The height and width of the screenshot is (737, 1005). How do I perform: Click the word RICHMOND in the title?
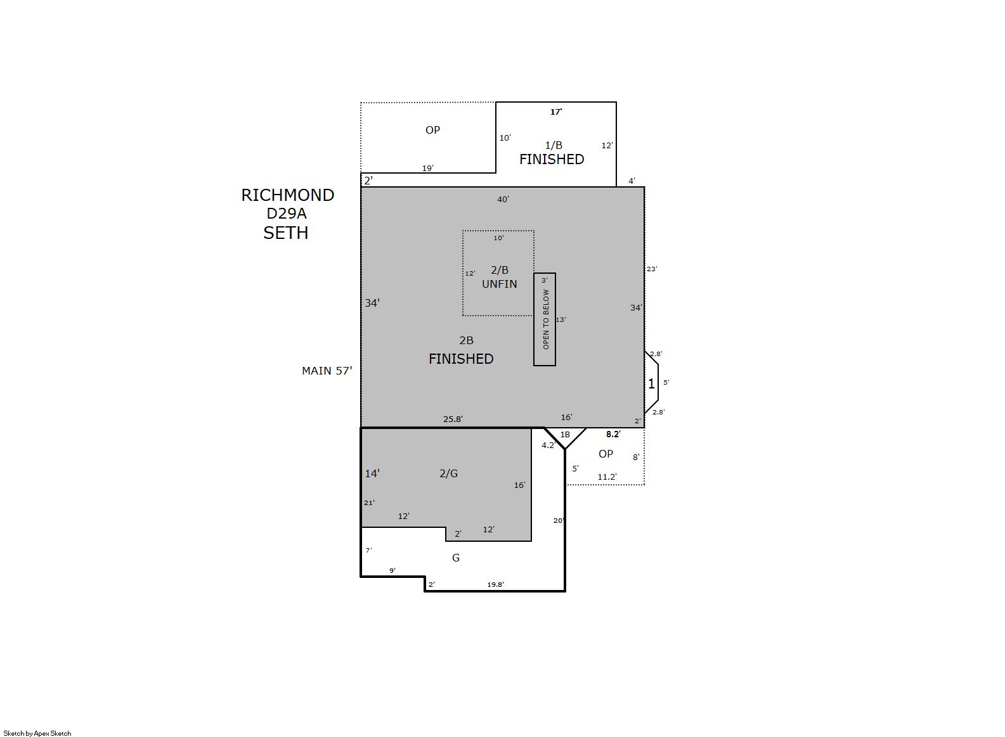pos(288,195)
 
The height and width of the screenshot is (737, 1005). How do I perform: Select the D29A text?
pos(287,214)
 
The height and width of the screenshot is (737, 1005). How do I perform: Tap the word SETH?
pos(286,233)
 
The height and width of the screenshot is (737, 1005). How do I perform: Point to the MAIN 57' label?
pos(327,371)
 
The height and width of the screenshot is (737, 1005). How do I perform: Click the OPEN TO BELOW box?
pos(545,319)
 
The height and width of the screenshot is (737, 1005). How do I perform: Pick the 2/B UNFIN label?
pos(500,277)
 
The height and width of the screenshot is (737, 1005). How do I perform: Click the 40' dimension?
pos(503,200)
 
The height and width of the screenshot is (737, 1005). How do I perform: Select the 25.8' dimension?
pos(453,419)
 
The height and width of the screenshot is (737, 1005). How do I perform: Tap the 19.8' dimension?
pos(495,584)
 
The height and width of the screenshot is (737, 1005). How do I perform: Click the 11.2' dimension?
pos(607,477)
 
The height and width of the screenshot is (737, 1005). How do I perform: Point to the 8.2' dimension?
pos(613,434)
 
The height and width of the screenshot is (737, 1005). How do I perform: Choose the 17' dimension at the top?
pos(556,112)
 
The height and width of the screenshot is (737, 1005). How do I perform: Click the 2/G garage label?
pos(449,473)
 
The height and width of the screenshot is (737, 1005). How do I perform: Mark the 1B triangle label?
pos(565,434)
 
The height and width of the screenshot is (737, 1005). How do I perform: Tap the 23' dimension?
pos(652,269)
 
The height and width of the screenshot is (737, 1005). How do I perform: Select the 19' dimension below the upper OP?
pos(427,169)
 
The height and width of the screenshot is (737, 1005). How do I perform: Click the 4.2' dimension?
pos(548,445)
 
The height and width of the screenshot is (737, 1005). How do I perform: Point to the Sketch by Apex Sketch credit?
pos(37,733)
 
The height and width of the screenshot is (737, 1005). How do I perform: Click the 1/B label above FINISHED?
pos(554,145)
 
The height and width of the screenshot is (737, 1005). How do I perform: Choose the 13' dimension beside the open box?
pos(561,319)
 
